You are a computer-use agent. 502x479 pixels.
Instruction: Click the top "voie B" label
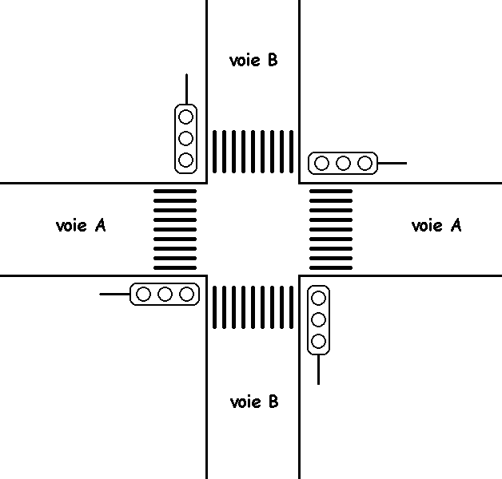(253, 60)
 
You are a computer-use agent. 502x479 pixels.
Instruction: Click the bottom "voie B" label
(253, 402)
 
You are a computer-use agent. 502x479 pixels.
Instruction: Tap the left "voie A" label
(81, 225)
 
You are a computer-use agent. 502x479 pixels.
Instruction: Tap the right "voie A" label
(436, 225)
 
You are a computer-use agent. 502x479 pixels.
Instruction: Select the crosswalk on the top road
(253, 151)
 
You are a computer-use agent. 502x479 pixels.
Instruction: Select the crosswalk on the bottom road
(253, 307)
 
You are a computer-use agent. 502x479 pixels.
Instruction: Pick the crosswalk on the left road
(175, 229)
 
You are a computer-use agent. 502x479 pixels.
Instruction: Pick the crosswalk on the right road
(330, 229)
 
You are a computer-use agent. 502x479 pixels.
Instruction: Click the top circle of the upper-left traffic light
(185, 117)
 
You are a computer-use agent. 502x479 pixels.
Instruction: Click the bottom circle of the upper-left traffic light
(185, 160)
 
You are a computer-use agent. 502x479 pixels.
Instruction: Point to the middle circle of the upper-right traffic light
(343, 164)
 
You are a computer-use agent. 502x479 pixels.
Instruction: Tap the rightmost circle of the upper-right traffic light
(365, 164)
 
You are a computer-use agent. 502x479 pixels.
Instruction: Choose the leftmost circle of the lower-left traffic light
(144, 295)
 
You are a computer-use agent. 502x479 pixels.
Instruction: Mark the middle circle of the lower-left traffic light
(165, 295)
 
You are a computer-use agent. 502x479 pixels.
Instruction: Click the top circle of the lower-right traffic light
(318, 299)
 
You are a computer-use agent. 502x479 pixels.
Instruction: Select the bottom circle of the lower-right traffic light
(318, 342)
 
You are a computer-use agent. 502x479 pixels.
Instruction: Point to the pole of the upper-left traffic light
(185, 89)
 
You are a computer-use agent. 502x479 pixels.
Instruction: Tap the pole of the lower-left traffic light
(114, 295)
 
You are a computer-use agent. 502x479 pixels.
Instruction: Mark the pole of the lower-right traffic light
(318, 369)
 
